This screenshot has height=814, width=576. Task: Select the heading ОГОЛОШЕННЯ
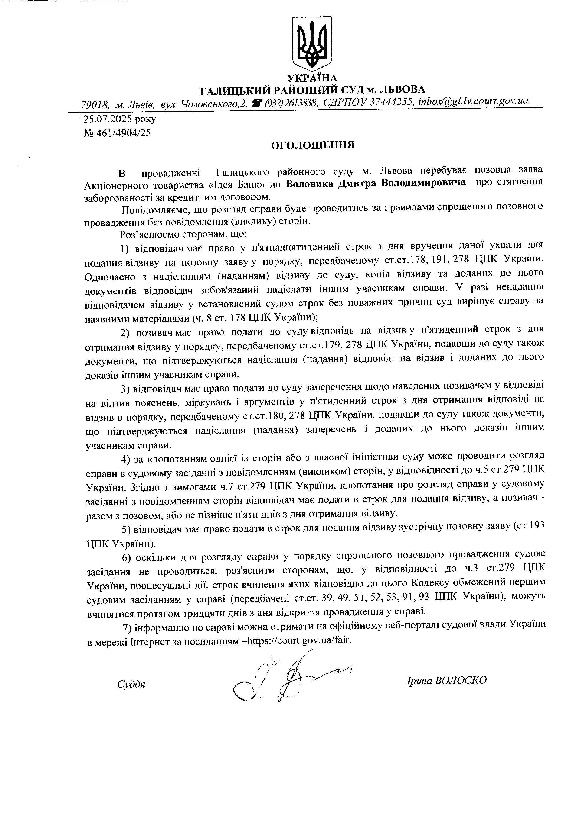point(313,145)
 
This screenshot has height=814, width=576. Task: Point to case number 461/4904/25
point(122,133)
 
